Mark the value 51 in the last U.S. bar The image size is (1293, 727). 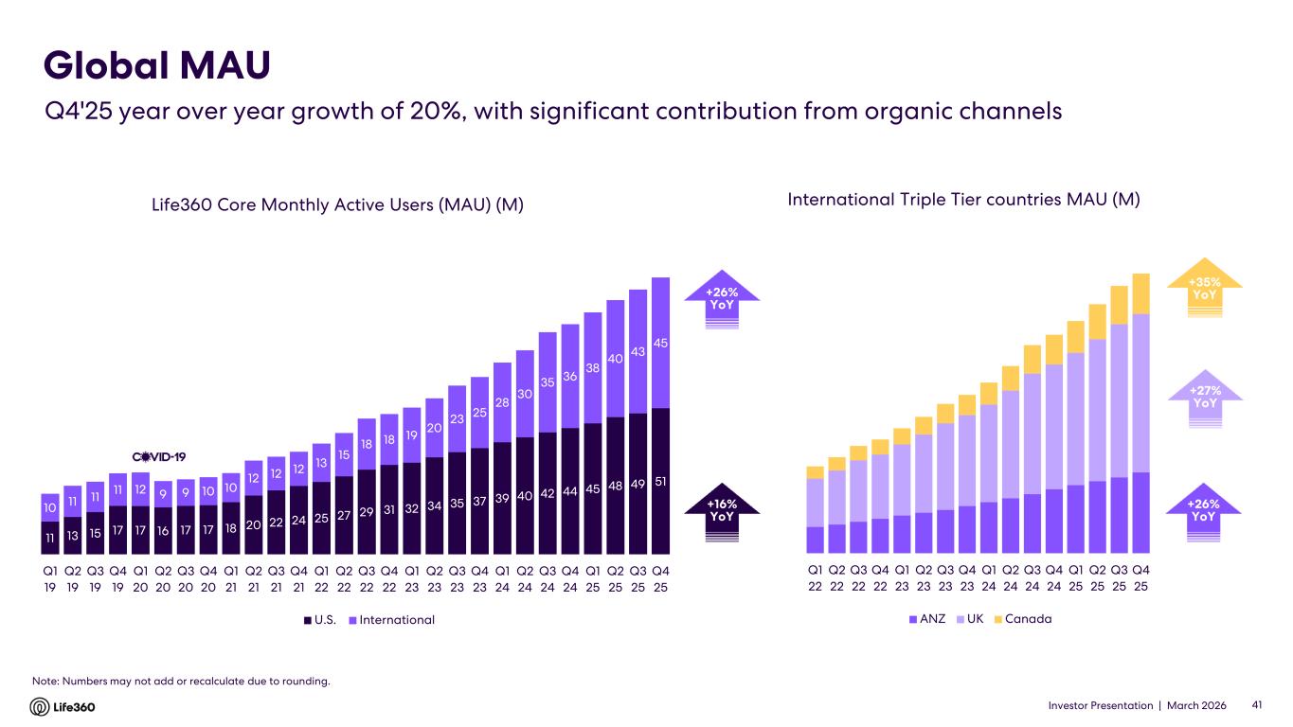(660, 483)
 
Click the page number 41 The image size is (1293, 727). (1258, 706)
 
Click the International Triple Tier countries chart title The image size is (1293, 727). (963, 200)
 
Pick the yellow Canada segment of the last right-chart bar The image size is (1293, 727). (1141, 293)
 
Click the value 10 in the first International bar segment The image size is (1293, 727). (50, 509)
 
